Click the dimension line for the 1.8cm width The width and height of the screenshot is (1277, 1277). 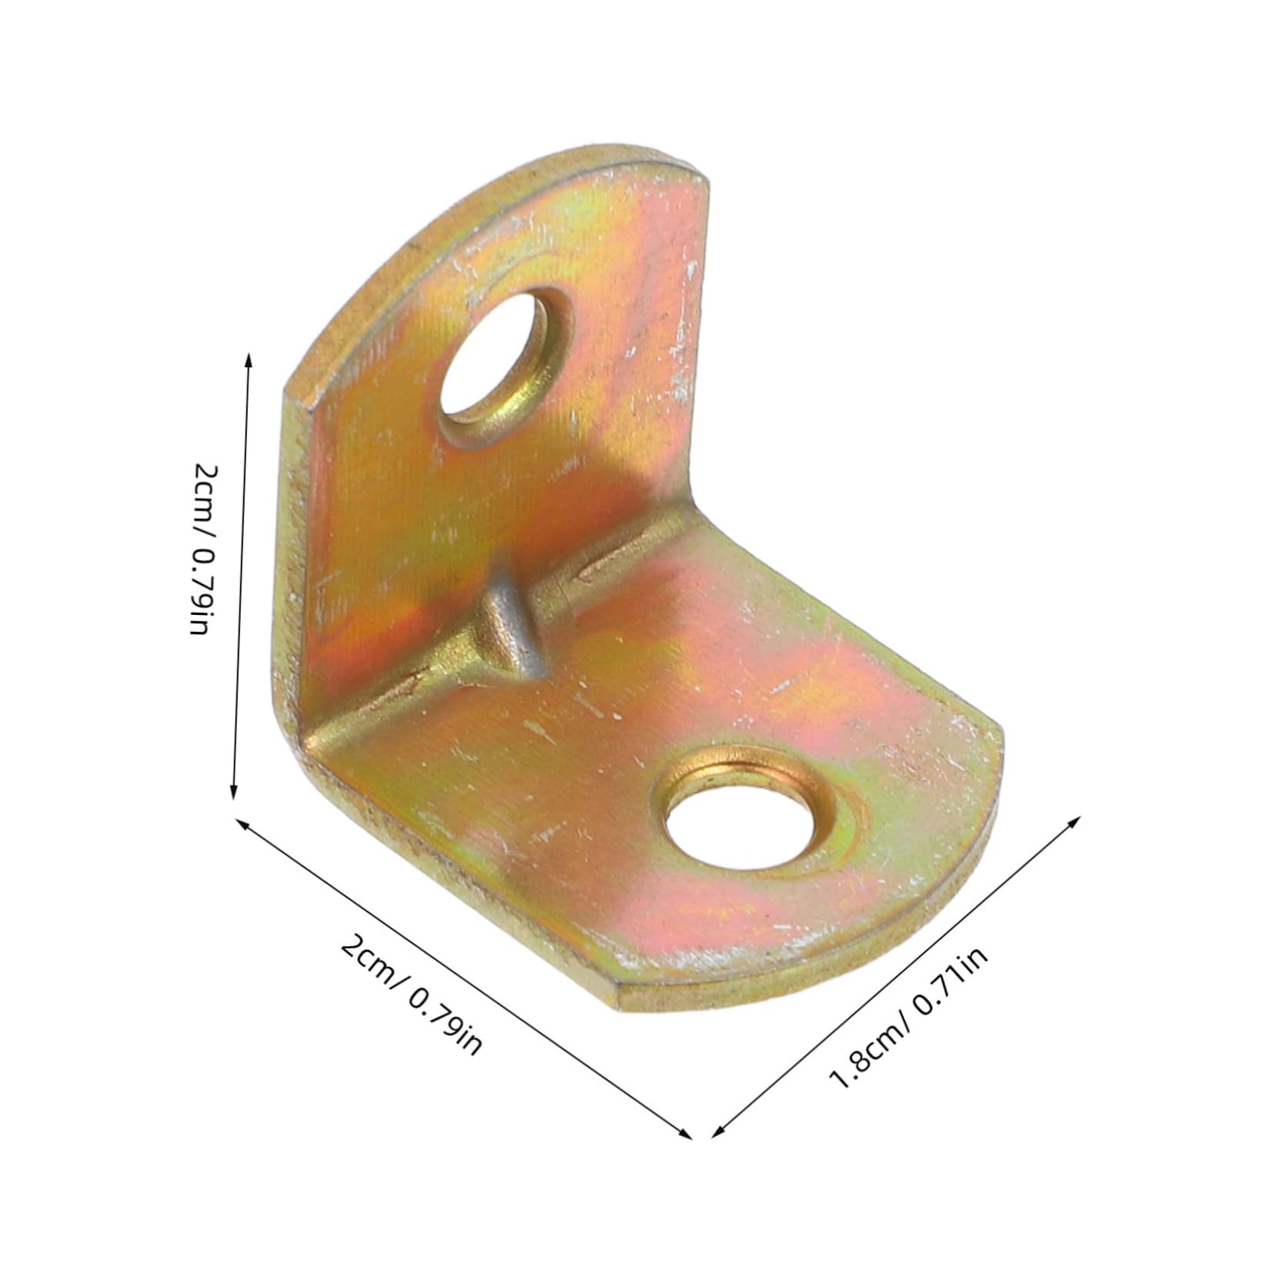(x=897, y=975)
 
